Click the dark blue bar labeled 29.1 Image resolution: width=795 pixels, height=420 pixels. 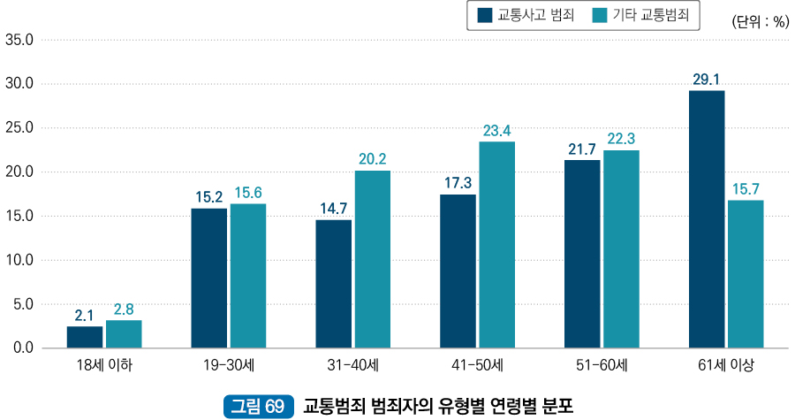click(707, 219)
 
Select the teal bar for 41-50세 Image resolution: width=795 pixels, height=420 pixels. click(496, 245)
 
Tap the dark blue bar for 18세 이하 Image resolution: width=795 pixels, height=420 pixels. click(85, 337)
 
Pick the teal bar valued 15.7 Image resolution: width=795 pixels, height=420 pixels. click(746, 274)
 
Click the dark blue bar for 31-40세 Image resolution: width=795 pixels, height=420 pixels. click(334, 284)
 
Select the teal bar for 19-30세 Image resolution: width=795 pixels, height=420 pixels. click(248, 276)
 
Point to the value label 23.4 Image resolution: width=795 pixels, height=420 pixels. click(496, 131)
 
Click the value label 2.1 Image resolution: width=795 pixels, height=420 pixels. click(85, 315)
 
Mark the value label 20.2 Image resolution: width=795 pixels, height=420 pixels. click(373, 159)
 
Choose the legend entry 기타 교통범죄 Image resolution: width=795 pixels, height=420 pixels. click(644, 15)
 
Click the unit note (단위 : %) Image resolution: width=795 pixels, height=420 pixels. click(760, 23)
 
